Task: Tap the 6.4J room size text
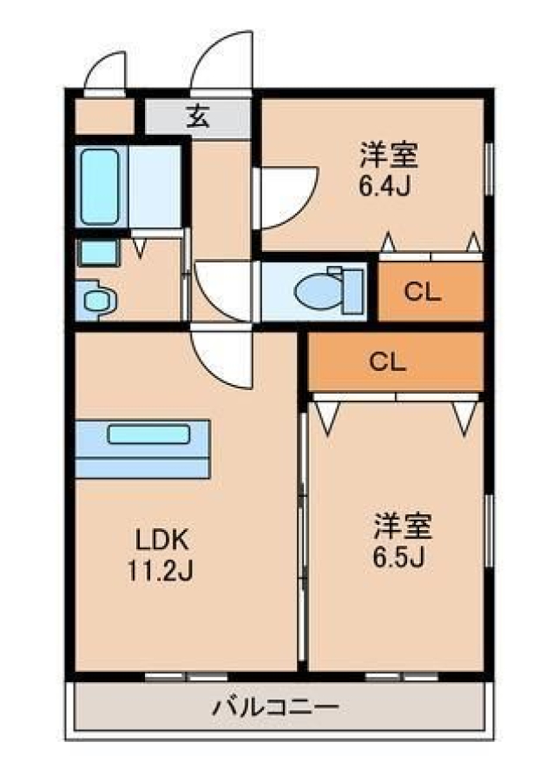point(385,187)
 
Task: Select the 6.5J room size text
point(398,558)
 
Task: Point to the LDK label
point(162,540)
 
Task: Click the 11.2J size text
point(160,571)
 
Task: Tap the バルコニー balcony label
point(275,706)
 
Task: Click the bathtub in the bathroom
point(100,187)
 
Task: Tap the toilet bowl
point(319,291)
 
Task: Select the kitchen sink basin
point(148,434)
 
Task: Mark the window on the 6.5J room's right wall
point(490,531)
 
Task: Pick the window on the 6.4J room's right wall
point(490,169)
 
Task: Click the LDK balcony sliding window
point(187,677)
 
